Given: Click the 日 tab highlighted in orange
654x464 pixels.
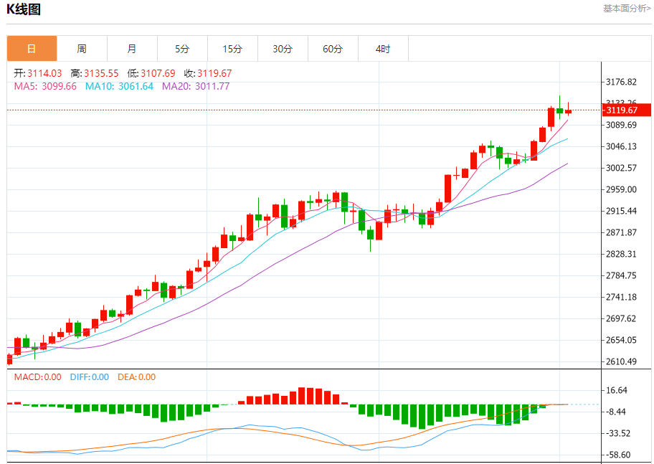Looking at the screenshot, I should coord(32,49).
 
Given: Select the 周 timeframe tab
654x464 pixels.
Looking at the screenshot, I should coord(82,49).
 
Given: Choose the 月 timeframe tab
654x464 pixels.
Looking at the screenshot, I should coord(132,49).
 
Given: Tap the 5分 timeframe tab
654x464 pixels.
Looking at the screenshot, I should coord(182,49).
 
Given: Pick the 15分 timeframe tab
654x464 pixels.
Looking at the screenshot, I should coord(232,49).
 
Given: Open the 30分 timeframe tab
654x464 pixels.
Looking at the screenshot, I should coord(283,49).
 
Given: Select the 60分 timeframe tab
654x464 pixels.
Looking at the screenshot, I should coord(333,49).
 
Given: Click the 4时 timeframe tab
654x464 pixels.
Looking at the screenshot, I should coord(383,49).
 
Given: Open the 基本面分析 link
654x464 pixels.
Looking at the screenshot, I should coord(627,9).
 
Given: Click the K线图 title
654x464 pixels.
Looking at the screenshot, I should coord(24,9).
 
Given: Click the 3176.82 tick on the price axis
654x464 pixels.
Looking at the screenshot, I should coord(621,82).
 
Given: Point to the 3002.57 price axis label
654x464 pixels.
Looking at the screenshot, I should coord(621,168).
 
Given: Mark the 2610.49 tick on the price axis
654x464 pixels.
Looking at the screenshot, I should coord(621,361).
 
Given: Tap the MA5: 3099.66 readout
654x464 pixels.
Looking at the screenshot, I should coord(45,86).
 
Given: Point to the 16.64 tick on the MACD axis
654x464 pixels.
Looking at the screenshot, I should coord(617,390).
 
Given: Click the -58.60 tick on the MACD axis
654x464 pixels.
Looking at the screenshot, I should coord(618,455).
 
